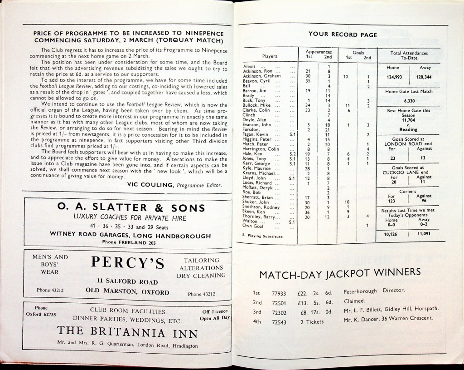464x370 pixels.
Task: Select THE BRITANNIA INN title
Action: (x=127, y=334)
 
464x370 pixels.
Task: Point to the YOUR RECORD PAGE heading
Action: (x=343, y=35)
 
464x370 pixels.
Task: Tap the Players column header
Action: (x=270, y=56)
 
